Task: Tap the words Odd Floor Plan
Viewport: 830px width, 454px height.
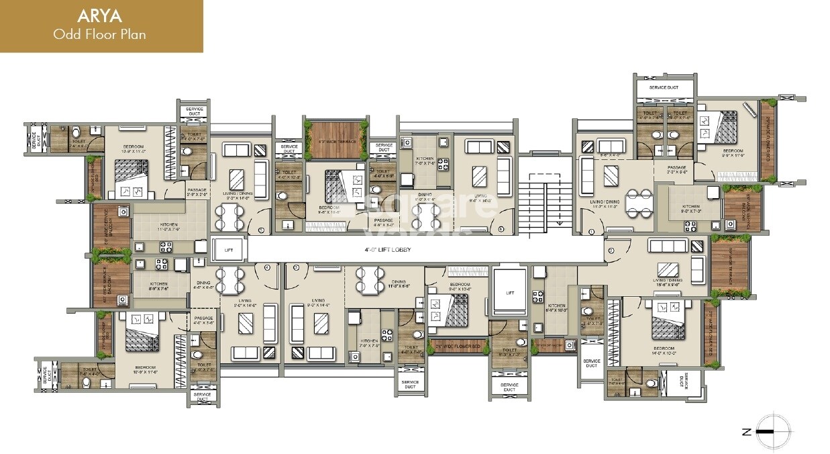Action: click(101, 34)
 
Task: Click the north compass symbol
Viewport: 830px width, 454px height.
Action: click(772, 431)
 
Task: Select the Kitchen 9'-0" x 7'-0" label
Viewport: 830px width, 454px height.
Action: click(690, 209)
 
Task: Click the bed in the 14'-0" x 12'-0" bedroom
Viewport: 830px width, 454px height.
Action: click(668, 324)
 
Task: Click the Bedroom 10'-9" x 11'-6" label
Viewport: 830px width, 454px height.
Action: click(146, 369)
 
